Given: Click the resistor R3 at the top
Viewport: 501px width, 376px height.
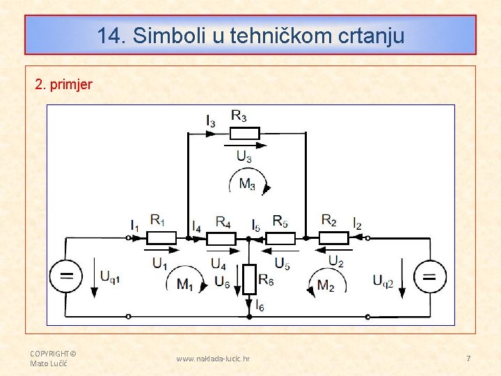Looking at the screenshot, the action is pyautogui.click(x=244, y=133).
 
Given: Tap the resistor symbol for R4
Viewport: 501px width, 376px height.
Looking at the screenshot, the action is pyautogui.click(x=221, y=238).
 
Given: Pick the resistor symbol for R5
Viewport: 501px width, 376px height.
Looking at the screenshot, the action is pyautogui.click(x=280, y=238).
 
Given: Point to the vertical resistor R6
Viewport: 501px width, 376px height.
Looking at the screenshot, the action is pyautogui.click(x=248, y=279).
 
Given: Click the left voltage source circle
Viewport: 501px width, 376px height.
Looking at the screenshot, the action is pyautogui.click(x=66, y=276).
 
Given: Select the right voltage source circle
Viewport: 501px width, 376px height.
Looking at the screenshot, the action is pyautogui.click(x=430, y=276).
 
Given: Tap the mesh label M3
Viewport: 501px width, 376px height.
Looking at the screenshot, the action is pyautogui.click(x=247, y=184).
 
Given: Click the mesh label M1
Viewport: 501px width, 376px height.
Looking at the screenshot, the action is pyautogui.click(x=185, y=284).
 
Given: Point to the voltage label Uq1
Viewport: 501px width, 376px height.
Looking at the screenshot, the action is pyautogui.click(x=110, y=276).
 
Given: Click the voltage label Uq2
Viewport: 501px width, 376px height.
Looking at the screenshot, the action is pyautogui.click(x=383, y=281).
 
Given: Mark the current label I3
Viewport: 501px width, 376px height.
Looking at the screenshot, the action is pyautogui.click(x=211, y=120).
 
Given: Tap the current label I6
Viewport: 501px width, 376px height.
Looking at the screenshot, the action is pyautogui.click(x=260, y=305).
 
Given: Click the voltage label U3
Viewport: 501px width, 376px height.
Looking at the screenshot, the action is pyautogui.click(x=244, y=156).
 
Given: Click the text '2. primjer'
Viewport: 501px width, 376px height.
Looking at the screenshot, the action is pyautogui.click(x=63, y=85).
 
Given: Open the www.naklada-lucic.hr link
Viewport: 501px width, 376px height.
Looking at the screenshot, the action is pyautogui.click(x=213, y=359).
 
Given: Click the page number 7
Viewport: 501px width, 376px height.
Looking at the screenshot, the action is pyautogui.click(x=468, y=359).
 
